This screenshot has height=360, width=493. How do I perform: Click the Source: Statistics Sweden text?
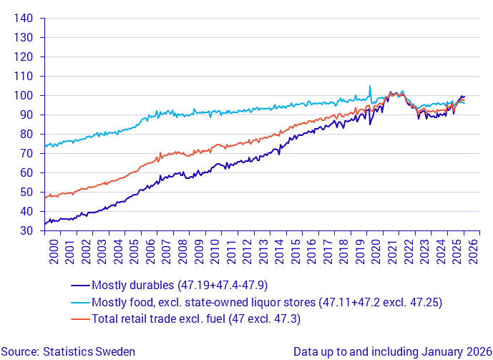68,351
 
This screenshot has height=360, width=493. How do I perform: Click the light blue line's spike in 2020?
370,87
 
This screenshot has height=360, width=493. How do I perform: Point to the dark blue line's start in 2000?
45,223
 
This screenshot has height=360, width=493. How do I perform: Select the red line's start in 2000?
45,197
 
